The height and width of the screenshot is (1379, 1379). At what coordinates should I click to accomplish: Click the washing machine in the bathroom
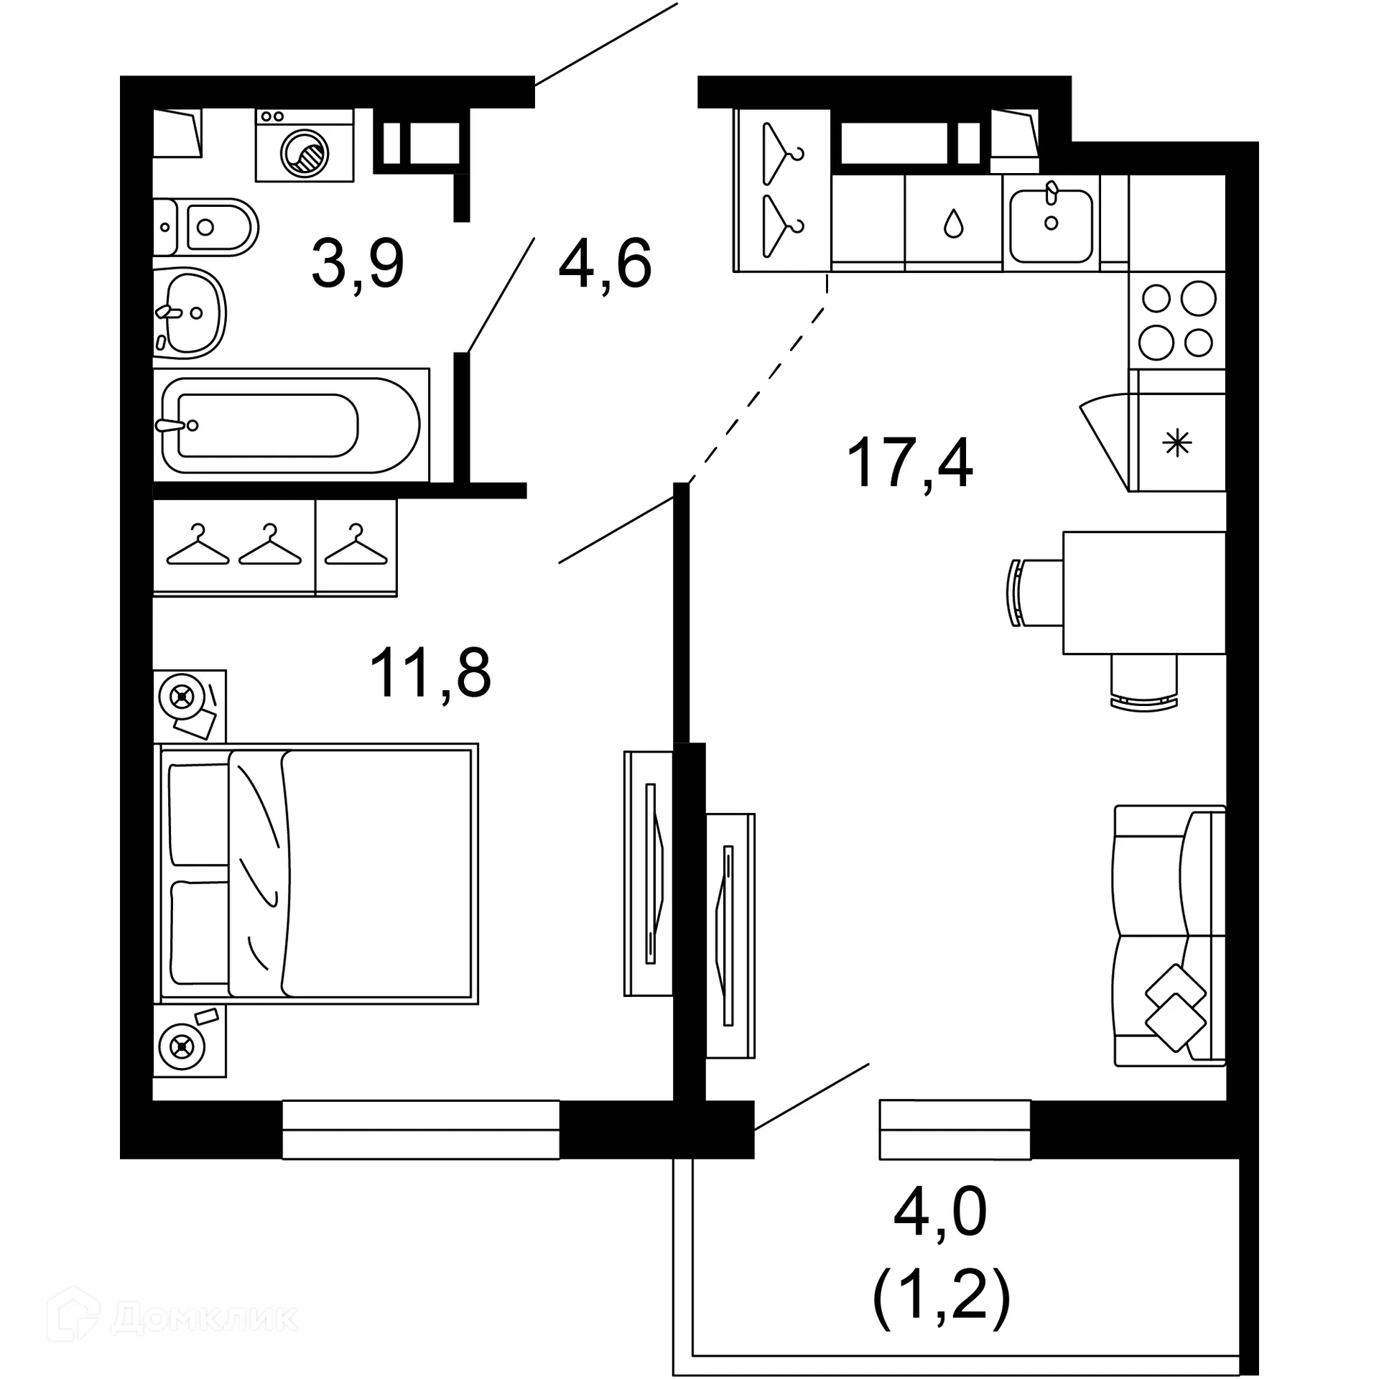click(305, 146)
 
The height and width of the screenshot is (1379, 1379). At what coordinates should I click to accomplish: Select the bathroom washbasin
click(189, 313)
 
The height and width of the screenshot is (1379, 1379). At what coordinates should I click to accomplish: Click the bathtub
click(291, 425)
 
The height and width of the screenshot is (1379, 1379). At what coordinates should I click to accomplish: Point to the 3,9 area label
click(358, 264)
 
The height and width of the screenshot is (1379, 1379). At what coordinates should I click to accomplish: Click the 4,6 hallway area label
click(605, 264)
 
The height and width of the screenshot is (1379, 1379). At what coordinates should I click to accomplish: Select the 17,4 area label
click(909, 463)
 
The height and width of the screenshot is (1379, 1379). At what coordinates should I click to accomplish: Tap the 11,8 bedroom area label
click(430, 673)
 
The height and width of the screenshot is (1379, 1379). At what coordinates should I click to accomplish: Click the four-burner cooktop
click(1177, 320)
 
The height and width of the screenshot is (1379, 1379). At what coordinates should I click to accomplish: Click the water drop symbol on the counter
click(953, 223)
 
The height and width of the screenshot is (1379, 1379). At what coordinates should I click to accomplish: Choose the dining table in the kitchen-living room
click(1143, 593)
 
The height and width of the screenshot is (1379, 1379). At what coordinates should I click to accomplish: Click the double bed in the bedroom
click(316, 873)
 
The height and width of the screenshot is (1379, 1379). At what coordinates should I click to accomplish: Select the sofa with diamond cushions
click(1169, 937)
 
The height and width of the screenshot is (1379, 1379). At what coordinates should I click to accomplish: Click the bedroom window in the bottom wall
click(420, 1130)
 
